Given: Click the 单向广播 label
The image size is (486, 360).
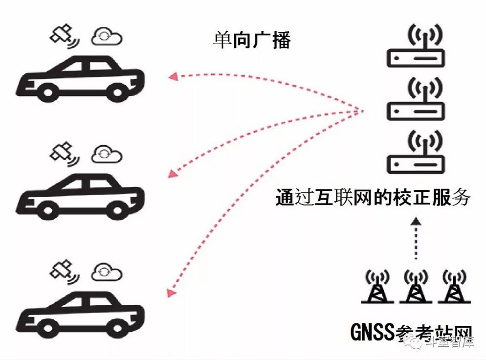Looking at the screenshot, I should (252, 40).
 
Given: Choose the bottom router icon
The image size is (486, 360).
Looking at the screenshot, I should (416, 152).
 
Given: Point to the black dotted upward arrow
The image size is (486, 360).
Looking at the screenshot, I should (415, 240).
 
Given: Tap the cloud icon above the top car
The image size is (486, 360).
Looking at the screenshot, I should (107, 37).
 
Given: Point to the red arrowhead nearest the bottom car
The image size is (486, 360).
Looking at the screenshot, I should (171, 292).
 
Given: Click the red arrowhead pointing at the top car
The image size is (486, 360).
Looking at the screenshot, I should (172, 76).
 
